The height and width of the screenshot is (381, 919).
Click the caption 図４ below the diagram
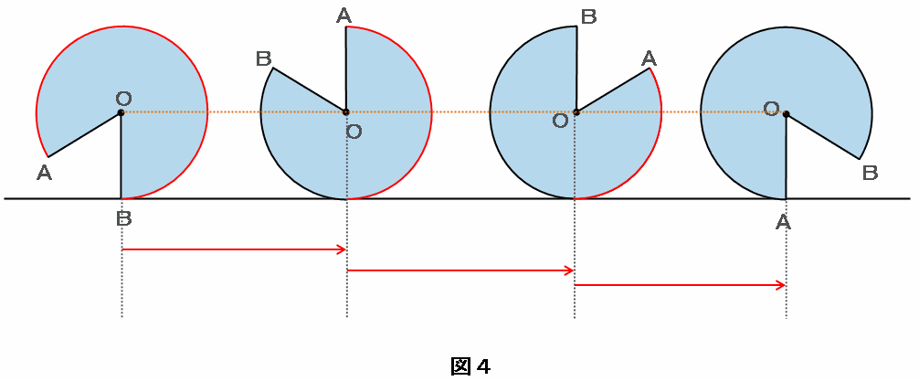[x=470, y=367]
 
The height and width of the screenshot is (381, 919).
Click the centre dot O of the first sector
[x=121, y=112]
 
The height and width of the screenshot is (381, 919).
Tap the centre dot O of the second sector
[x=346, y=112]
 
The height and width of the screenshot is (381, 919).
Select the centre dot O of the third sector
[x=576, y=112]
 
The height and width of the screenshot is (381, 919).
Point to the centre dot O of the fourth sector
[x=786, y=113]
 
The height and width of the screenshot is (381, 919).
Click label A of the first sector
[x=44, y=173]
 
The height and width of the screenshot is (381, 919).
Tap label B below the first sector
[x=123, y=219]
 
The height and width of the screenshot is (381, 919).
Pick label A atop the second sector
[x=344, y=16]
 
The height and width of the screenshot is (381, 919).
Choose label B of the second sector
[x=264, y=58]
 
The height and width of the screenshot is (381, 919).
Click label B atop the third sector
[x=588, y=16]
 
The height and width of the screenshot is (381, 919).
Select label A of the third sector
[x=649, y=58]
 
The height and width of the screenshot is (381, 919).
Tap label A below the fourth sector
[x=783, y=222]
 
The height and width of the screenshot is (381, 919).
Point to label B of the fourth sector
[x=871, y=173]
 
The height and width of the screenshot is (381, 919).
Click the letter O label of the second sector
[x=354, y=132]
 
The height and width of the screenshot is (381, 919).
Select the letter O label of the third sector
[x=561, y=121]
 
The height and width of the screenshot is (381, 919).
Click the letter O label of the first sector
[x=123, y=98]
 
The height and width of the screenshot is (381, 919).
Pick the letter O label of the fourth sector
[x=772, y=107]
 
